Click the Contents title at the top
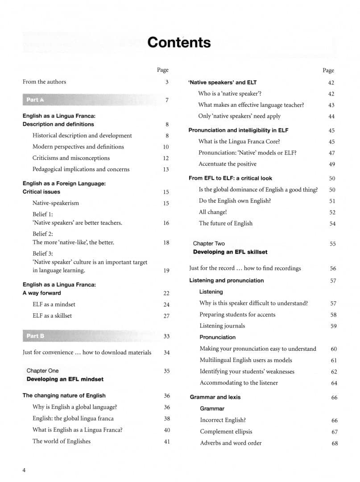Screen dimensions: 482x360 [x=179, y=42]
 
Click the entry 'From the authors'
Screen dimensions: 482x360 [x=44, y=82]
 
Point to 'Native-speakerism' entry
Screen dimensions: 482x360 [x=55, y=203]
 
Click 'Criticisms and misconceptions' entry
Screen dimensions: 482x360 [x=71, y=158]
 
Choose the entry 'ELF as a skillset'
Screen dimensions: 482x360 [x=52, y=316]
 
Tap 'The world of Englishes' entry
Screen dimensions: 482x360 [x=61, y=441]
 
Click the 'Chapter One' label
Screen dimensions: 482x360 [x=42, y=370]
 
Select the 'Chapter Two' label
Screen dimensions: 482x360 [x=209, y=244]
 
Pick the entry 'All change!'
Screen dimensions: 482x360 [x=213, y=212]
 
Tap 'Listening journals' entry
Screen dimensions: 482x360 [x=222, y=326]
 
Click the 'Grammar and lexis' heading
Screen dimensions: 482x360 [x=216, y=397]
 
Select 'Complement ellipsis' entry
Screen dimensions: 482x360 [x=226, y=432]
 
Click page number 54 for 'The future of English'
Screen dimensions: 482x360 [x=332, y=224]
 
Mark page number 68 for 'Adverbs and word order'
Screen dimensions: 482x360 [x=335, y=443]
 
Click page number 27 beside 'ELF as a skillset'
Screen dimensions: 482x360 [x=166, y=316]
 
